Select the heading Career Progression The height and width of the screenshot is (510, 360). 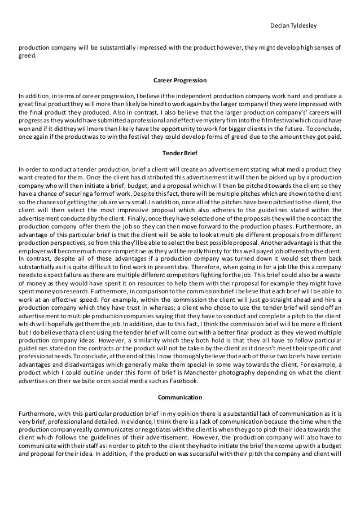(180, 80)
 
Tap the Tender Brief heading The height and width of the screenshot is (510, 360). (180, 153)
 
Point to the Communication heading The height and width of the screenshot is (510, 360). (180, 397)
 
